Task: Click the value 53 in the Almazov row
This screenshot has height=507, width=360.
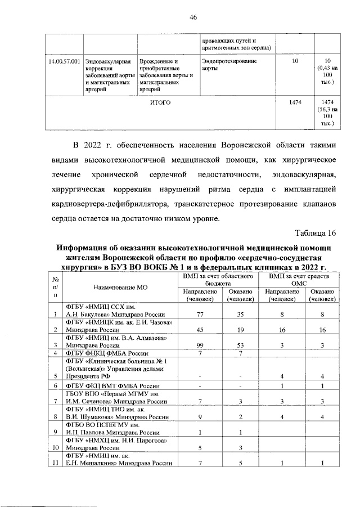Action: pyautogui.click(x=240, y=345)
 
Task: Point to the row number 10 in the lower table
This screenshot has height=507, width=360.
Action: pyautogui.click(x=55, y=447)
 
